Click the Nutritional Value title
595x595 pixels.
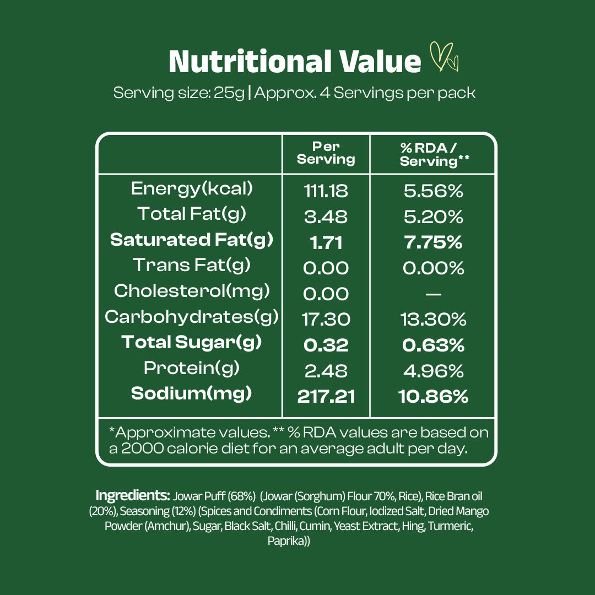[295, 61]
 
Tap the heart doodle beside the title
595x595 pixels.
[444, 57]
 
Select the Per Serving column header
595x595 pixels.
[326, 153]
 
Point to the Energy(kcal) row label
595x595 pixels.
[192, 188]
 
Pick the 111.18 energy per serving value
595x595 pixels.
[326, 191]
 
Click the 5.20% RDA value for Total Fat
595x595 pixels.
[433, 217]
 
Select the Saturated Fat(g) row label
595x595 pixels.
[192, 240]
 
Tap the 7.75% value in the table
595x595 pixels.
[433, 242]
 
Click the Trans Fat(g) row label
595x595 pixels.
[192, 265]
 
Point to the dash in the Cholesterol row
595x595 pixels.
[433, 294]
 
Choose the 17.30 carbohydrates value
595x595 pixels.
[326, 319]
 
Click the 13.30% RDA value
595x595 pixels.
[433, 319]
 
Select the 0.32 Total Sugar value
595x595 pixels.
[326, 345]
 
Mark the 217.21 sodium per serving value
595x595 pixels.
[326, 396]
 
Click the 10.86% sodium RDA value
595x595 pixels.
[433, 396]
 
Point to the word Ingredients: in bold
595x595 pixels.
[133, 495]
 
